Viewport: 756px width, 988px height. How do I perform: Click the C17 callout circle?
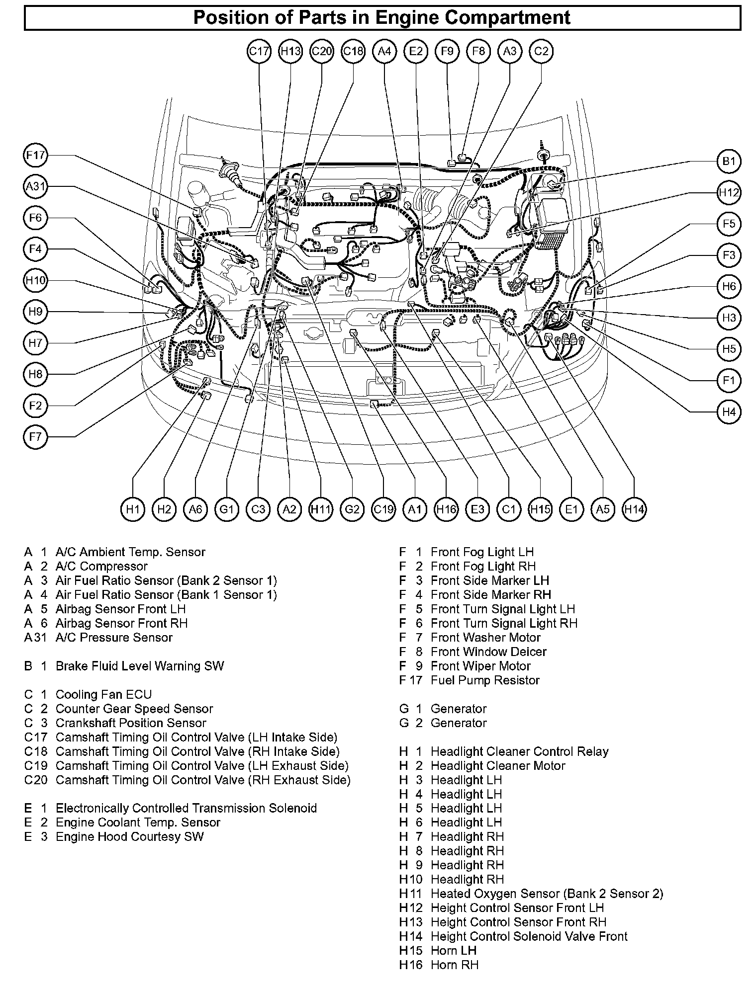259,51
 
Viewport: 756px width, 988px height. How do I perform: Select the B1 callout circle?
729,161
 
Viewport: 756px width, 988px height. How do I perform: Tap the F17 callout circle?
36,156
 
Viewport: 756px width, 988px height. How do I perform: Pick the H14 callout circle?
634,509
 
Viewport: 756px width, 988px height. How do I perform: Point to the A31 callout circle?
36,187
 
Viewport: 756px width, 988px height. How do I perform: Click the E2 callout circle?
416,51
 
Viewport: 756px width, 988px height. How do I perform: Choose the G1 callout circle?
227,509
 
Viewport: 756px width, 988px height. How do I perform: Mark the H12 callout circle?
729,192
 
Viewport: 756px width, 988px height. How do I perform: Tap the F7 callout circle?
36,437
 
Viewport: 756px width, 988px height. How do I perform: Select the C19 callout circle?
383,509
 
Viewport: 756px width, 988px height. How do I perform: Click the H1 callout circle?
133,509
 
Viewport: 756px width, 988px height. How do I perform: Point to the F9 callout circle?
447,51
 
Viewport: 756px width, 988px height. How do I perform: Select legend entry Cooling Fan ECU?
103,694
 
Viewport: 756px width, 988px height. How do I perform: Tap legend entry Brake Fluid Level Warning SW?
139,666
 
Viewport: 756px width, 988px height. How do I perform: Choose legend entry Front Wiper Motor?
480,666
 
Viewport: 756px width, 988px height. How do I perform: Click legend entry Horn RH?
454,965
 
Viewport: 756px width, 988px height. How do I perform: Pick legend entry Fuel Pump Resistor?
485,680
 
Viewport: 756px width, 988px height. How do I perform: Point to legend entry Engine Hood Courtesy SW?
129,836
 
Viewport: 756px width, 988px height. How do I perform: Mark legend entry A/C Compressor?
101,566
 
